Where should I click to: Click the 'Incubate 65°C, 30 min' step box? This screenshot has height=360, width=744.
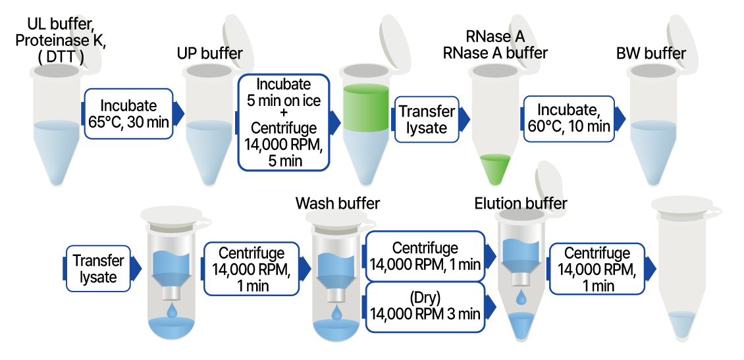point(128,113)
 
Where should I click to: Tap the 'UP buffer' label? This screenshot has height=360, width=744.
point(210,53)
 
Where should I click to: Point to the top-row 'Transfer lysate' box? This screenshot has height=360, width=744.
point(427,120)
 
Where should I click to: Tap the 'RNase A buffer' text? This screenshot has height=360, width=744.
point(495,53)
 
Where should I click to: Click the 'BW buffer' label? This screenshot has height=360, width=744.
point(651,53)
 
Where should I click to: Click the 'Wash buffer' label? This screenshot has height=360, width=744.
point(338,203)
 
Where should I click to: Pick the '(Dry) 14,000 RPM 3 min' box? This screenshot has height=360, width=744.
point(425,306)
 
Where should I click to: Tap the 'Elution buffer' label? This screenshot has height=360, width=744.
point(520,203)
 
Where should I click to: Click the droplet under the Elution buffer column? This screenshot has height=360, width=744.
point(520,297)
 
